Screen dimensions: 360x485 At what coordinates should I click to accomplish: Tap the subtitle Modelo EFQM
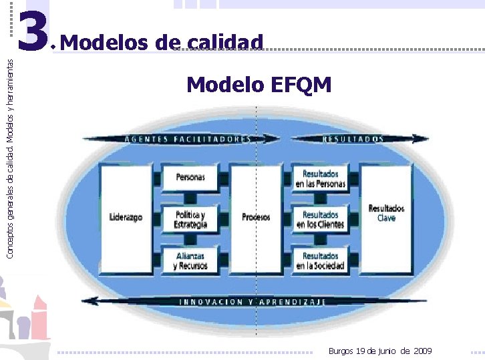[259, 85]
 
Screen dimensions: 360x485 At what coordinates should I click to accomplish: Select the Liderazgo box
[126, 218]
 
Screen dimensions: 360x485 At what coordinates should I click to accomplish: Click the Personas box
[190, 178]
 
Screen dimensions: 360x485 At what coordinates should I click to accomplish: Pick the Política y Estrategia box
[190, 218]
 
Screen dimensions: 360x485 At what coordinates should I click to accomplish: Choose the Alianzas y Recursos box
[190, 260]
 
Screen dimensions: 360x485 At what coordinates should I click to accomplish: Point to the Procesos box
[256, 218]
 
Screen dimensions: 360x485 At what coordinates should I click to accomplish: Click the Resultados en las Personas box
[321, 178]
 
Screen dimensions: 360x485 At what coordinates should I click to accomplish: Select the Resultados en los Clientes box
[321, 219]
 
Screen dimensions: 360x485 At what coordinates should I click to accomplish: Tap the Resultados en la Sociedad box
[321, 260]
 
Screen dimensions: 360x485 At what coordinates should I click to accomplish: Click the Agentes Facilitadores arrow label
[187, 139]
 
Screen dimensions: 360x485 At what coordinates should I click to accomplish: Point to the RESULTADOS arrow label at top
[353, 139]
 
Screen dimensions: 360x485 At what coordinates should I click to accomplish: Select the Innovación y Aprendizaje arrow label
[253, 302]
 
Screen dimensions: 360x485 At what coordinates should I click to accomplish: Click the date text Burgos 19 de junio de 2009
[380, 351]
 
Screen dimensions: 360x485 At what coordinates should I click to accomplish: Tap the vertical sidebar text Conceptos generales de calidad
[9, 147]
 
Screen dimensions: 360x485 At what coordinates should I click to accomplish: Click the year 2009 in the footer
[423, 351]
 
